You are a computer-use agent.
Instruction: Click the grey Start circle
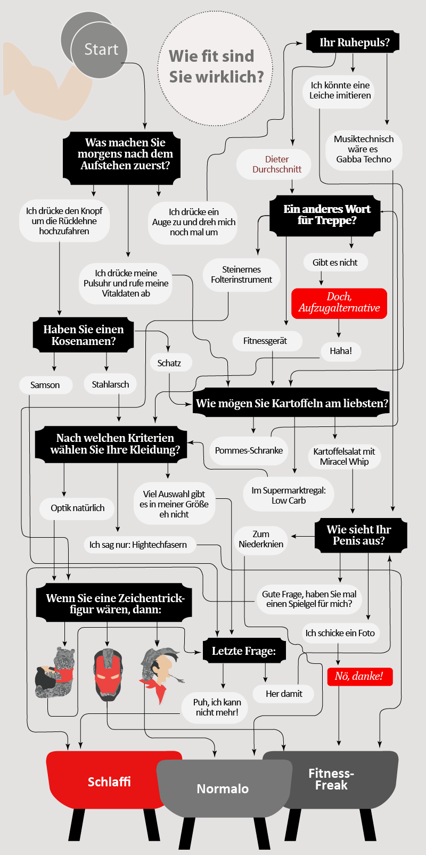point(100,50)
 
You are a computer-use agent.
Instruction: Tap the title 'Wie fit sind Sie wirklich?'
point(216,67)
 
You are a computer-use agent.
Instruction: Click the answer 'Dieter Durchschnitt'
point(276,164)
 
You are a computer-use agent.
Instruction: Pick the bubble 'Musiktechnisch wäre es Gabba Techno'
point(364,149)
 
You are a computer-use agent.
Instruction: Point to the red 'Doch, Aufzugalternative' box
point(339,303)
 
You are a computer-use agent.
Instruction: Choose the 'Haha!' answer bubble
point(341,351)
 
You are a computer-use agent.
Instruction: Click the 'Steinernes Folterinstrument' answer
point(241,275)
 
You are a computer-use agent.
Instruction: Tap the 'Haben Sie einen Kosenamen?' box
point(84,335)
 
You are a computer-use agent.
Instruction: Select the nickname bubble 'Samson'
point(45,385)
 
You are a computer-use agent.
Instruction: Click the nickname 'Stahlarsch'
point(110,384)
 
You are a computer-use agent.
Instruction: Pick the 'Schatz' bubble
point(169,363)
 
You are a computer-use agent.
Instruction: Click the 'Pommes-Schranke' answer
point(249,451)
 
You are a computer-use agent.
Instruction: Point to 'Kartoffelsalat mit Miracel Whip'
point(344,457)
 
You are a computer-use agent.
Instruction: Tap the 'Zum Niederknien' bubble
point(261,539)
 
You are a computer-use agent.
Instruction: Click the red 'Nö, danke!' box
point(359,677)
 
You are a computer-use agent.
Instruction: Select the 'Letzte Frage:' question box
point(244,651)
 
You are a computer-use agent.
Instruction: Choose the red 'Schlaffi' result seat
point(109,781)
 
